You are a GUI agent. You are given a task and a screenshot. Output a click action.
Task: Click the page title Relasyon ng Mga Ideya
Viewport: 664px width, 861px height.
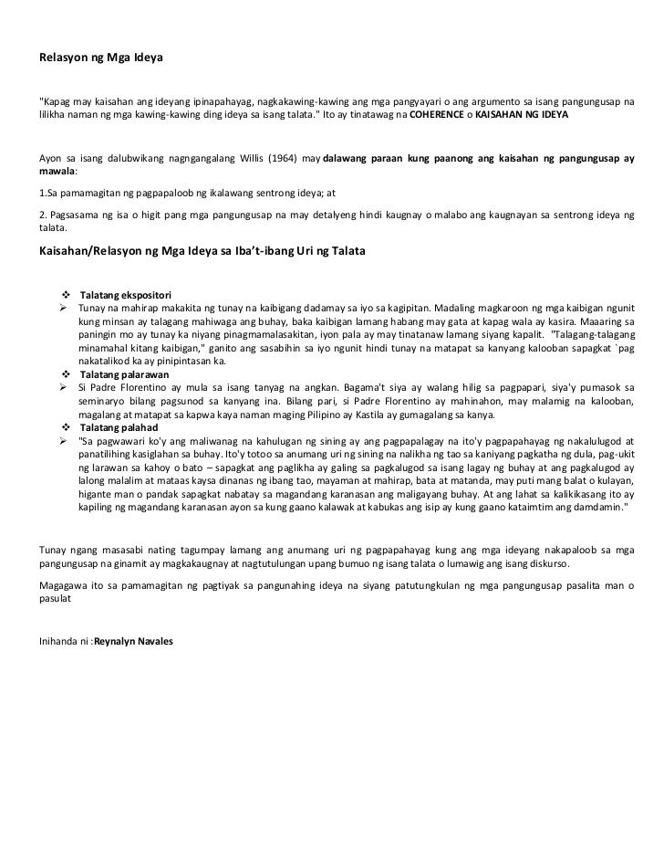(x=100, y=57)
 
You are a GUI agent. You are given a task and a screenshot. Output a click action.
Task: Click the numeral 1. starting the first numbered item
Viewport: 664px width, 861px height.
(x=43, y=194)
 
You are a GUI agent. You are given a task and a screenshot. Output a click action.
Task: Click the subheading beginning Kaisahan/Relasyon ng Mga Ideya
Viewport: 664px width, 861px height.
(x=202, y=249)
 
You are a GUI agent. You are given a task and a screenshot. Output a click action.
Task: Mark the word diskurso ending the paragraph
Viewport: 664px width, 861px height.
(x=545, y=564)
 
